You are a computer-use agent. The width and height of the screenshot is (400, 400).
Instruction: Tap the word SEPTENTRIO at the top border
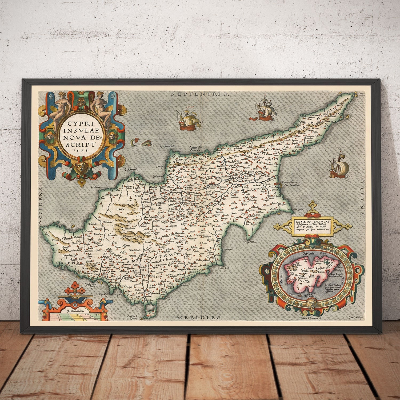200,94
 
